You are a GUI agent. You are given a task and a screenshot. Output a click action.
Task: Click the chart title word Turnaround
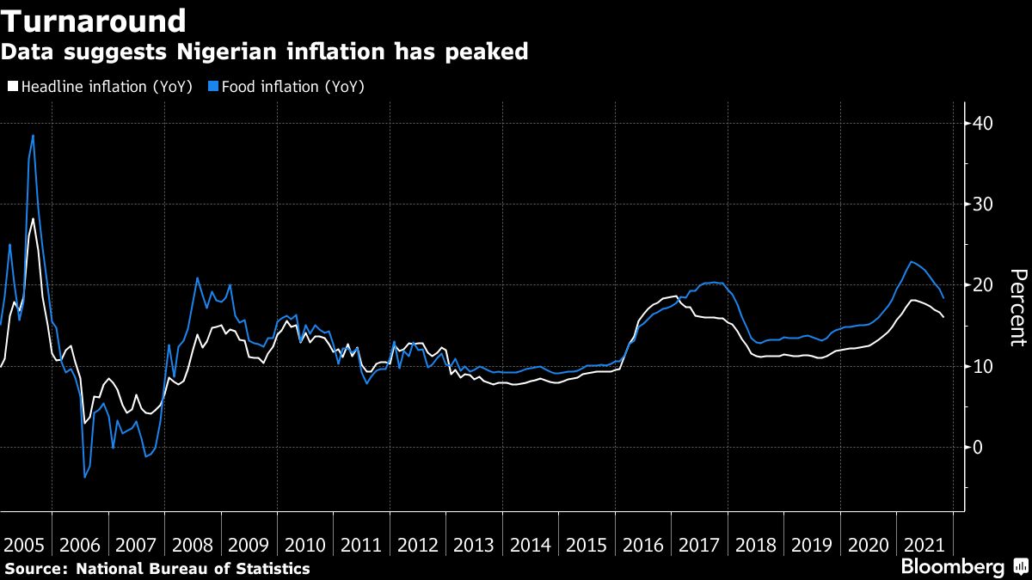[x=94, y=21]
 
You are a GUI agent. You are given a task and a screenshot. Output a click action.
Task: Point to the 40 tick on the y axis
[x=982, y=124]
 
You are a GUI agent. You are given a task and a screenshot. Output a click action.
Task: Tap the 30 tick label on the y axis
[x=982, y=205]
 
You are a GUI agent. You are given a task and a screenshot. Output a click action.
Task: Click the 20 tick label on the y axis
[x=982, y=285]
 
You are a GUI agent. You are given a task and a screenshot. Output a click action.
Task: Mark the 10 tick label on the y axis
[x=982, y=366]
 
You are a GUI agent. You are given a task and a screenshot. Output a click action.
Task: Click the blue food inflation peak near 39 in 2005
[x=33, y=136]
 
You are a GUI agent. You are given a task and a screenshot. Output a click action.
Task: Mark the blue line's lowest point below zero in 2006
[x=84, y=477]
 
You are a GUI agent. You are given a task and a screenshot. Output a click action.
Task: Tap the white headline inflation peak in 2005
[x=33, y=219]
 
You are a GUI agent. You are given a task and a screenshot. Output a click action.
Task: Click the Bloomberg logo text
[x=952, y=567]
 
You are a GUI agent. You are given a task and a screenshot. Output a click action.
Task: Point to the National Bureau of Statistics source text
[x=193, y=568]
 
